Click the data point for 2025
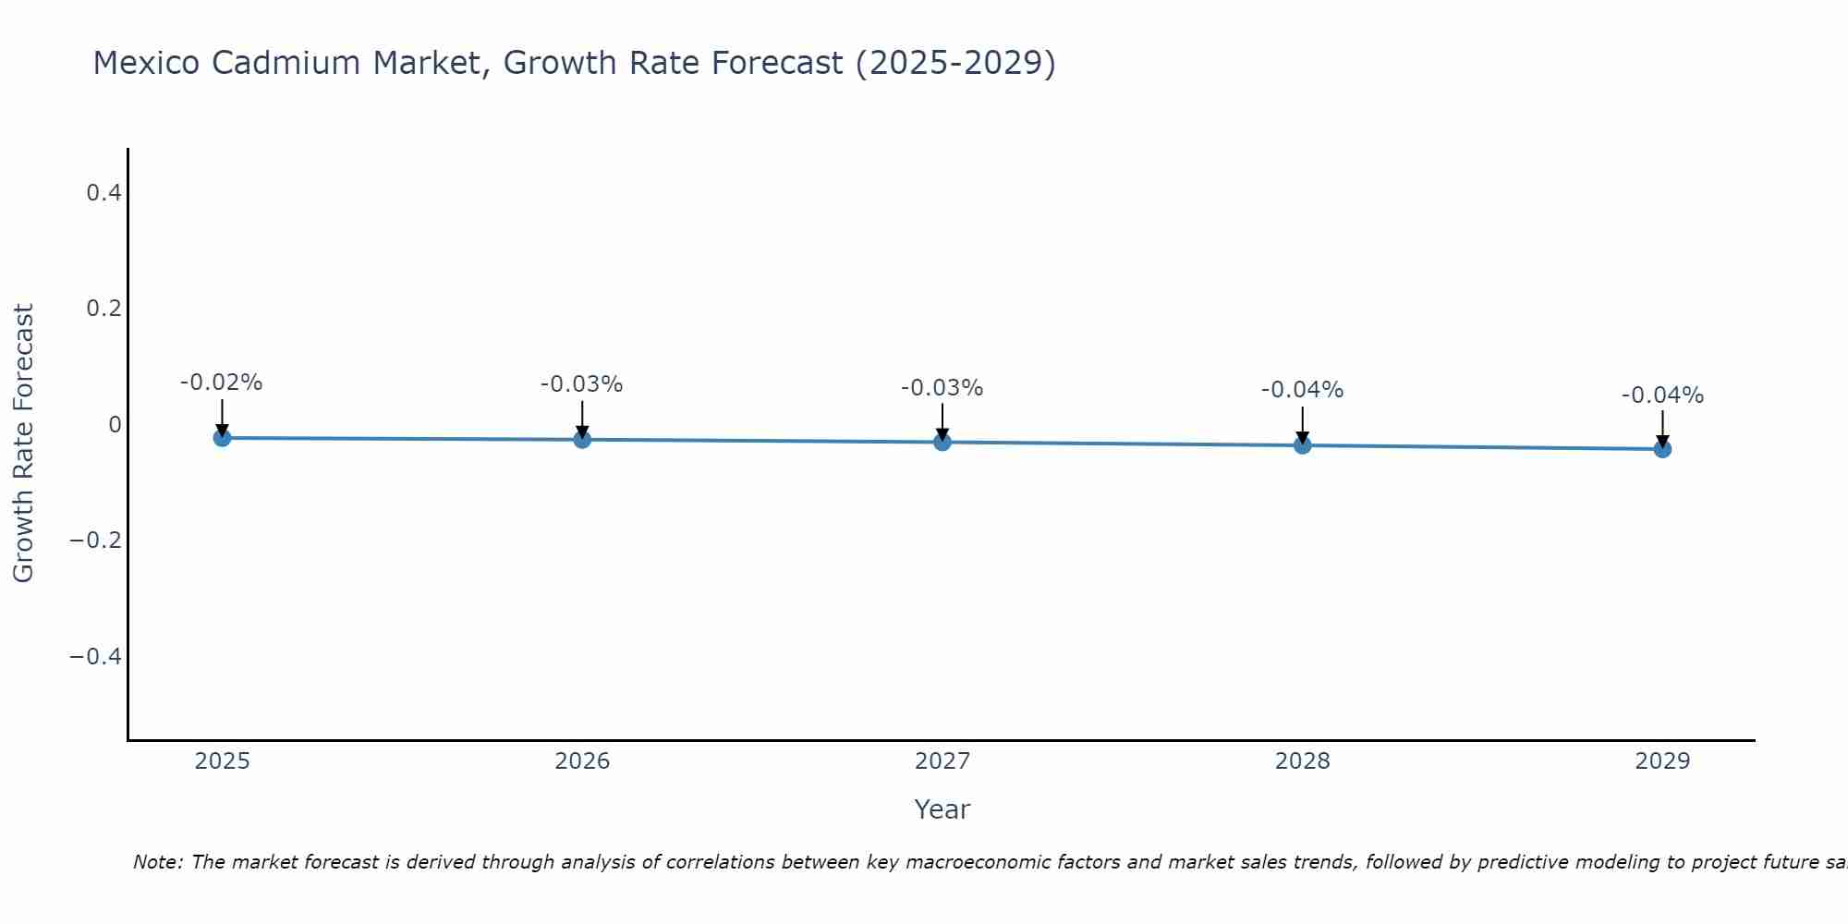[222, 438]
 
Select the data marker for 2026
[582, 440]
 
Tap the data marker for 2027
[942, 443]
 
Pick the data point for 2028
[1303, 445]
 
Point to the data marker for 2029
[1662, 449]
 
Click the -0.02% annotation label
[222, 383]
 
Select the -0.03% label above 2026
[582, 384]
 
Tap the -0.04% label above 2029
[1662, 395]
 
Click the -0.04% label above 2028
[1303, 390]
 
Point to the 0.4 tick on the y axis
[103, 193]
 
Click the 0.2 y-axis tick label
[103, 309]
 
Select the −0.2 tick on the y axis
[96, 541]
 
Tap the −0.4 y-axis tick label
[96, 656]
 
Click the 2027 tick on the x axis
[942, 761]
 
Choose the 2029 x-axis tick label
[1662, 761]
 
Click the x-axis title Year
[942, 809]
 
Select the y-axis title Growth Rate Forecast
[24, 444]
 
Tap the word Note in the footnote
[157, 862]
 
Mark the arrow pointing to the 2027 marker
[942, 421]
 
